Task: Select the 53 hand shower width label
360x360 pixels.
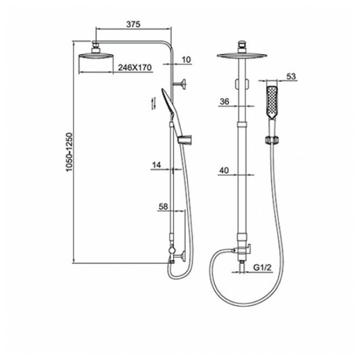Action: [x=291, y=77]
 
